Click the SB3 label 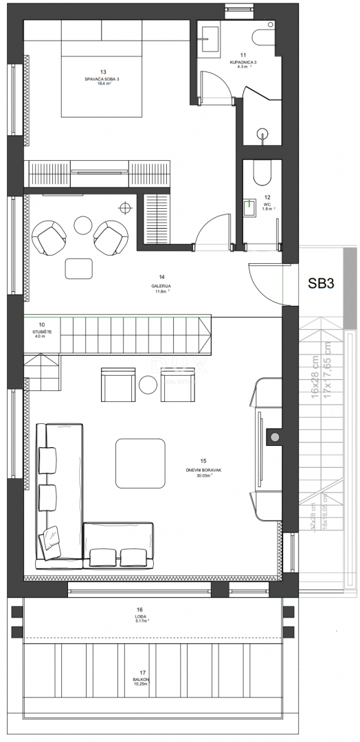(x=320, y=283)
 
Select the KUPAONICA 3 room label (x=243, y=62)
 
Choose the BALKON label (x=142, y=682)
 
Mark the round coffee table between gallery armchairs (x=83, y=225)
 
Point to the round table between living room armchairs (x=148, y=385)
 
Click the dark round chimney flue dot (x=274, y=437)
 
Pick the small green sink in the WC (x=250, y=204)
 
